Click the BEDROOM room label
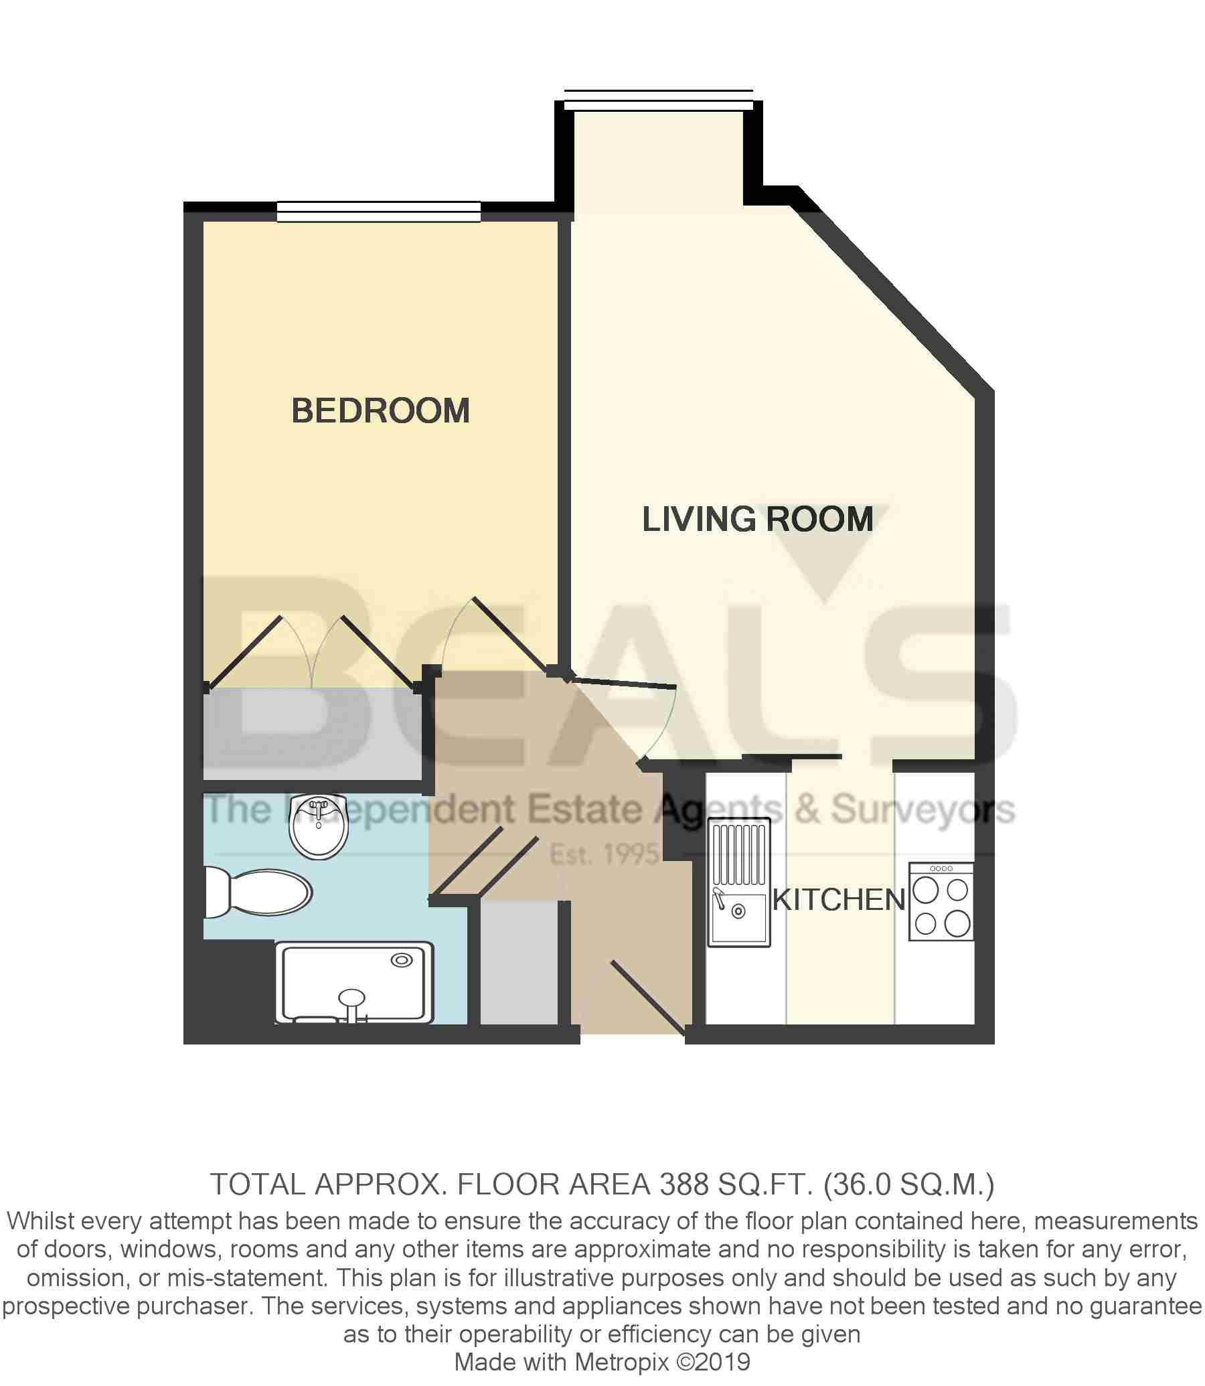(x=380, y=411)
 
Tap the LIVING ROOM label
(x=757, y=519)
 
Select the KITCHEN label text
(x=839, y=900)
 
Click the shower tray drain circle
(x=402, y=960)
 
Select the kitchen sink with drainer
(x=739, y=882)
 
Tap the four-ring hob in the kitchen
(x=941, y=902)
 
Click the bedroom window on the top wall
(x=379, y=212)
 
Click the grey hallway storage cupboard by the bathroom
(x=518, y=961)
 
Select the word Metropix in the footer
(x=621, y=1362)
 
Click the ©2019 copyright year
(x=713, y=1362)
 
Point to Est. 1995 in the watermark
(x=603, y=854)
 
